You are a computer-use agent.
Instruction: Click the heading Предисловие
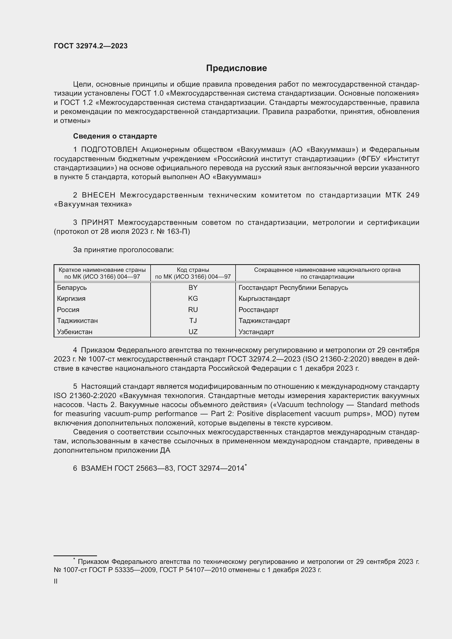click(x=236, y=68)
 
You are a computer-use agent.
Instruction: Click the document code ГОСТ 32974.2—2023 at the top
click(x=91, y=46)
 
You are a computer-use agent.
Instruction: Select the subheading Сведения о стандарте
click(x=115, y=136)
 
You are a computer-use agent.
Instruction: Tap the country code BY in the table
click(x=193, y=287)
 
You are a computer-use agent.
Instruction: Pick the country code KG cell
click(x=193, y=299)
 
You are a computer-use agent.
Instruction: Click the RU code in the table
click(x=193, y=310)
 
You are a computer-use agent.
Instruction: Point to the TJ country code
click(x=193, y=321)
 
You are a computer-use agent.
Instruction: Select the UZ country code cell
click(x=193, y=332)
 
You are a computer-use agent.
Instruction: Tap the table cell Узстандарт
click(x=256, y=332)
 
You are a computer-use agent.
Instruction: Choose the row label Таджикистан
click(x=77, y=321)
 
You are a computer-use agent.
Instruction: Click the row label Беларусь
click(x=72, y=287)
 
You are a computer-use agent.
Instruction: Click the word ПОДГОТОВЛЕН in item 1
click(x=109, y=150)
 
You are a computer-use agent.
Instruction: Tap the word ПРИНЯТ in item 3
click(x=97, y=222)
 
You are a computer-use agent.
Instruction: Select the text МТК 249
click(x=402, y=195)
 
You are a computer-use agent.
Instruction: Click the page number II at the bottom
click(x=56, y=581)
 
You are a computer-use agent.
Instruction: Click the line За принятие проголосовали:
click(x=123, y=250)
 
